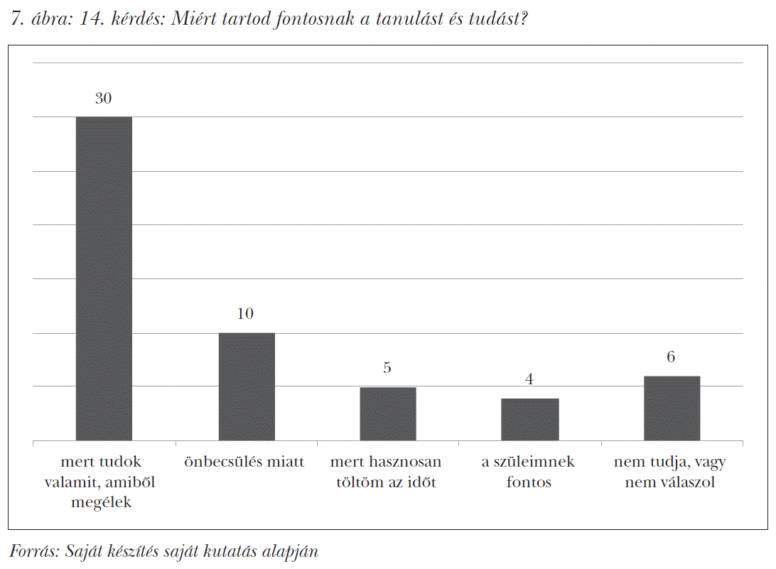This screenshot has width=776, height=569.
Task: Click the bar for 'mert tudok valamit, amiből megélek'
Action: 104,278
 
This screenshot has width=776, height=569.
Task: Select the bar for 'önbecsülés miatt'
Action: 246,386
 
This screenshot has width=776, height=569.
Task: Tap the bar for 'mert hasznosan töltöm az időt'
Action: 388,413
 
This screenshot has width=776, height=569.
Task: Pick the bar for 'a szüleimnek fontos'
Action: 529,419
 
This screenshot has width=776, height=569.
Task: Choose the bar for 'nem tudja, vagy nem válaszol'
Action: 672,408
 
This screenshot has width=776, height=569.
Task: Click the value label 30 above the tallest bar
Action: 104,99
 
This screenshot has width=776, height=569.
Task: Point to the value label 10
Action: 245,314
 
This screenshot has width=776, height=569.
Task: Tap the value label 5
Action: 387,368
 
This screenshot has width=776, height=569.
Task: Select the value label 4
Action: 529,379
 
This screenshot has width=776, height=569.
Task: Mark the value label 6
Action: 671,357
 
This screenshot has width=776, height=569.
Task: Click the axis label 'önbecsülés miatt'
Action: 244,462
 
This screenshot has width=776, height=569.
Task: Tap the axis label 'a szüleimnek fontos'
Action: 529,472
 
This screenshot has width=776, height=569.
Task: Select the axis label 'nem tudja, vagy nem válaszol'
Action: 670,472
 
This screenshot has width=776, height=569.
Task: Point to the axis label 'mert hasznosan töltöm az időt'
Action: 386,472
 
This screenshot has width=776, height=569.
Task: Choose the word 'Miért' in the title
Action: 203,19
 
